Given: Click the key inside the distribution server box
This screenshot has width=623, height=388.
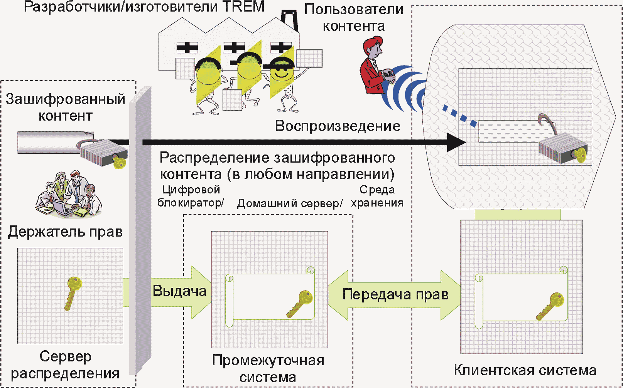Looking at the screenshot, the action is [x=73, y=293].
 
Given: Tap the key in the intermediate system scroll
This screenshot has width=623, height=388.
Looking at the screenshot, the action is [x=299, y=304].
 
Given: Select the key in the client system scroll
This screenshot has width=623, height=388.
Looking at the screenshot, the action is [x=550, y=306].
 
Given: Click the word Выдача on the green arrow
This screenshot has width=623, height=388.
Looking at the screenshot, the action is [x=180, y=291].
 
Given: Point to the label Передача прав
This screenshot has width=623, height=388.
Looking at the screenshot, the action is [x=395, y=294].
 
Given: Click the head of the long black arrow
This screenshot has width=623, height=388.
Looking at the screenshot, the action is [x=456, y=142].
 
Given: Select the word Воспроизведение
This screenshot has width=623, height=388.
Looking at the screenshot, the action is [x=338, y=126].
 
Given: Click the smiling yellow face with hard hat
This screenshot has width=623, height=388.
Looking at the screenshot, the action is [x=282, y=71].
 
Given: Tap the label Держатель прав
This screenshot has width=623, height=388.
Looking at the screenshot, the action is [x=65, y=231].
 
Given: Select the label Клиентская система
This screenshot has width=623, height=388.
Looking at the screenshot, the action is [x=525, y=370].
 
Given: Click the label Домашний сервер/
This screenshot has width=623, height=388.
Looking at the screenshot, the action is [x=290, y=203].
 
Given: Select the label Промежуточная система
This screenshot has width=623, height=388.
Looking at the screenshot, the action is [x=268, y=369].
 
